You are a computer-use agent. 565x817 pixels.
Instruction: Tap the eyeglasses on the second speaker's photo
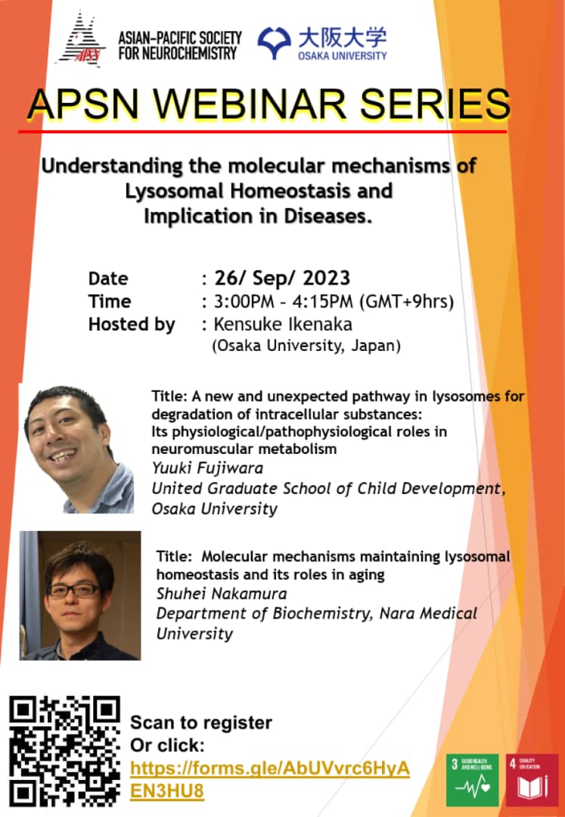(x=73, y=589)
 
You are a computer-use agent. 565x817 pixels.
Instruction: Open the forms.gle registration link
(x=269, y=779)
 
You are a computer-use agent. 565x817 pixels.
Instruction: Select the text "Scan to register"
(x=201, y=722)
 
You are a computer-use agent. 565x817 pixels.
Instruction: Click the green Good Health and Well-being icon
(x=472, y=779)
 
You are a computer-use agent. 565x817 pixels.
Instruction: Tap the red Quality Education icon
(x=532, y=779)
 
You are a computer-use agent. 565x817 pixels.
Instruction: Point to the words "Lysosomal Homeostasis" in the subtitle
(x=259, y=191)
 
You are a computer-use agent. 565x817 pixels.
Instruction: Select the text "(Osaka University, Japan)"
(x=305, y=346)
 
